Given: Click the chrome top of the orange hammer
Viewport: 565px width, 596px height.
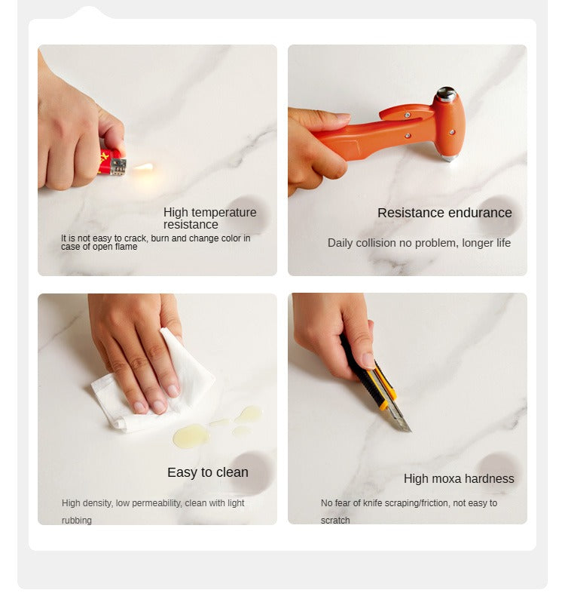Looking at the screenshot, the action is pyautogui.click(x=446, y=94).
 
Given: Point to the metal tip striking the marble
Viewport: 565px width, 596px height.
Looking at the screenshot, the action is pyautogui.click(x=448, y=158).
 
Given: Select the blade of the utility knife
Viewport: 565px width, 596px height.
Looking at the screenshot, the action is pyautogui.click(x=401, y=419).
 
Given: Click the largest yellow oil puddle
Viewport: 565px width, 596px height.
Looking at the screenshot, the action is pyautogui.click(x=191, y=435).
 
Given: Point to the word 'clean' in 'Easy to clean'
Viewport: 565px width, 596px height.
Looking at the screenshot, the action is pyautogui.click(x=232, y=472).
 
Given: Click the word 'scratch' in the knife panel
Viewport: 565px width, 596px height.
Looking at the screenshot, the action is pyautogui.click(x=335, y=521).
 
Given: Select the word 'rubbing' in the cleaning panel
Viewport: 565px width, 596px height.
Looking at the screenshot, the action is pyautogui.click(x=77, y=521).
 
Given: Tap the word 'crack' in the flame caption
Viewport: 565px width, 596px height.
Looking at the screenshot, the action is pyautogui.click(x=135, y=238).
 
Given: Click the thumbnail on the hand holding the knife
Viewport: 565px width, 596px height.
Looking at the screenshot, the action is pyautogui.click(x=368, y=361).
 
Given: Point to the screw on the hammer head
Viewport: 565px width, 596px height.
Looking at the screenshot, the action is pyautogui.click(x=452, y=132).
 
